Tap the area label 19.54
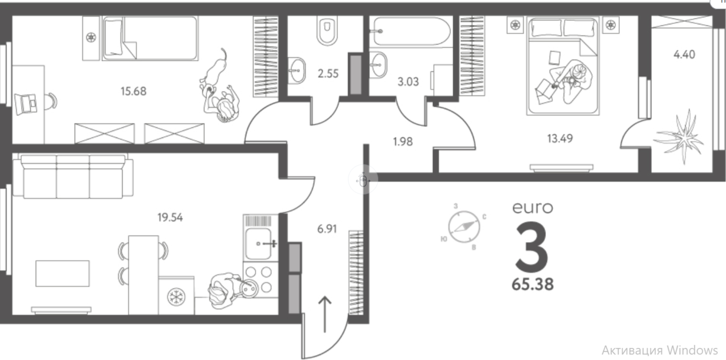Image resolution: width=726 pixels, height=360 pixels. pyautogui.click(x=170, y=218)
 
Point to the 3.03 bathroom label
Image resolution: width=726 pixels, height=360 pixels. pyautogui.click(x=408, y=81)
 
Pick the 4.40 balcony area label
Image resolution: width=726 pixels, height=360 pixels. pyautogui.click(x=684, y=55)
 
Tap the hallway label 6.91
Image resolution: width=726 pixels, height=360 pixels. pyautogui.click(x=327, y=229)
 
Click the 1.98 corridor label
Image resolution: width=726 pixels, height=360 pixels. pyautogui.click(x=403, y=142)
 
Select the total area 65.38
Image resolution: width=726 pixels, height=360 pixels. pyautogui.click(x=533, y=285)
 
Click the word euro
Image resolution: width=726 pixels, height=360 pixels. pyautogui.click(x=533, y=207)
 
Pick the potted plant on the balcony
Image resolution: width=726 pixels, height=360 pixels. pyautogui.click(x=679, y=136)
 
